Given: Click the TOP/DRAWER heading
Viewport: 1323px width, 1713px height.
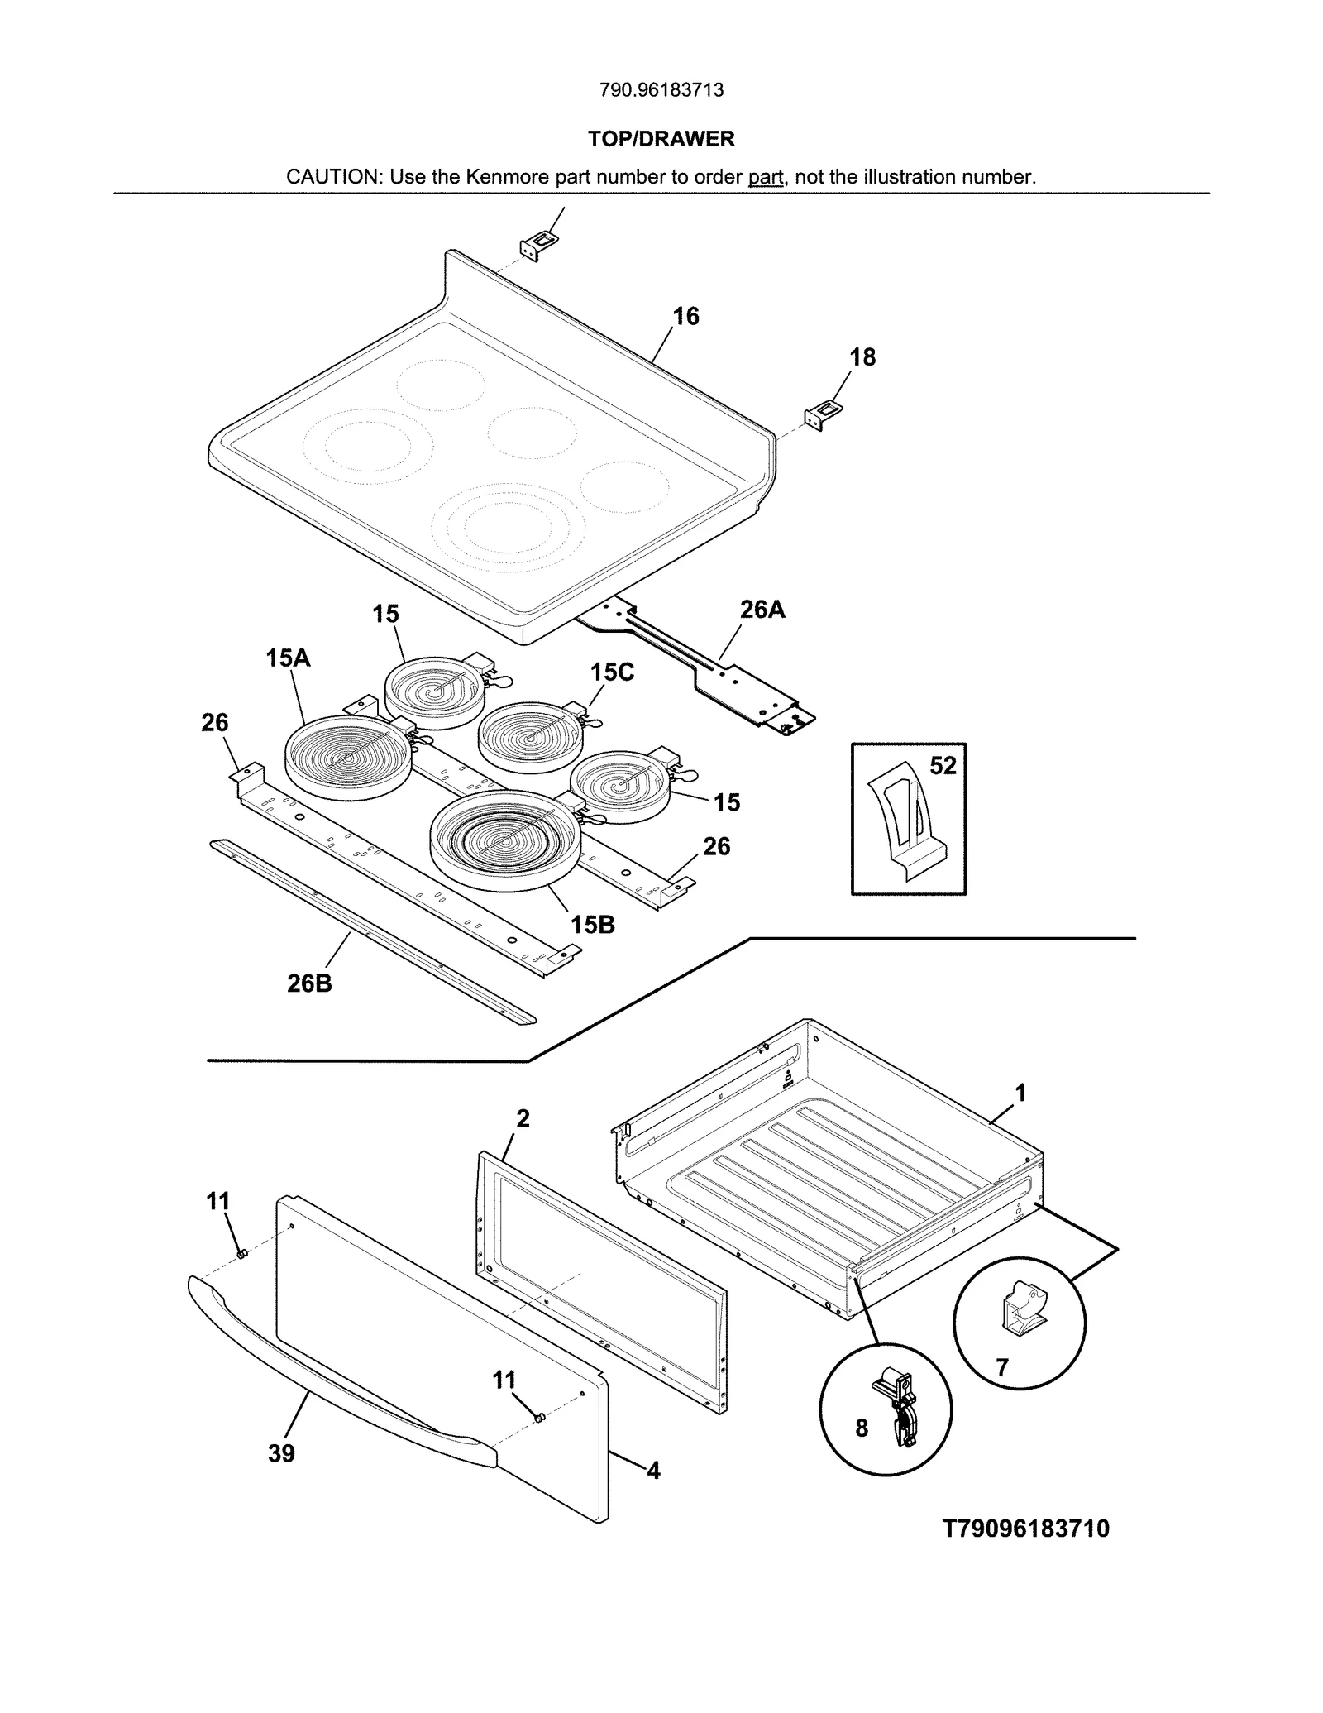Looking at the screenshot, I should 661,139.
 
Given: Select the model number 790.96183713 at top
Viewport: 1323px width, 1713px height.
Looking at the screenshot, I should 661,90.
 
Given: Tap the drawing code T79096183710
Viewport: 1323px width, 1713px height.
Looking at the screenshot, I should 1025,1528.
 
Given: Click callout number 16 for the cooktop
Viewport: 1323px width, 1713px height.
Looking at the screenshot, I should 685,316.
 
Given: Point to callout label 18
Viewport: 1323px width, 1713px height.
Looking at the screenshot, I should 862,357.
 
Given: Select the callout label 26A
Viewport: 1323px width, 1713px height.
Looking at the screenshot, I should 762,610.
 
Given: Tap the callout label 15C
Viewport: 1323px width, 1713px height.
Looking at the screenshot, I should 612,672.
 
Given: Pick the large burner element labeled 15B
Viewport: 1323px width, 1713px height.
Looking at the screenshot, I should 504,841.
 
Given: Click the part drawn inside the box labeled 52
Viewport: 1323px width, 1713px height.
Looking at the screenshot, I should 905,827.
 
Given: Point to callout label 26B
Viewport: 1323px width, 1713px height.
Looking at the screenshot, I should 309,983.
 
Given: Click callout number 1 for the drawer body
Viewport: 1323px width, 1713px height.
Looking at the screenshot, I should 1020,1093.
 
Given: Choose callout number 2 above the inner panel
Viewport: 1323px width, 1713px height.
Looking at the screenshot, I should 523,1118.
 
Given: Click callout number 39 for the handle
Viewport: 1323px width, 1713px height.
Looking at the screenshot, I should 281,1452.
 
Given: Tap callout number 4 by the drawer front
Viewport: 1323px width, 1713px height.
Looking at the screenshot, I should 653,1470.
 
